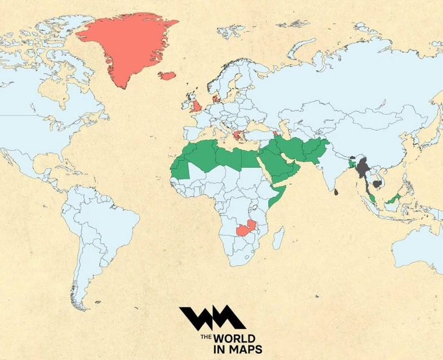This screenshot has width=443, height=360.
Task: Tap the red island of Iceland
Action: pos(167,76)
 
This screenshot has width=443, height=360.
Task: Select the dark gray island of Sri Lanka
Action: pos(336,192)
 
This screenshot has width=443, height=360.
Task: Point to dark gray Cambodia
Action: pos(377,183)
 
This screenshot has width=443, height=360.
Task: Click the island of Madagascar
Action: pos(277,238)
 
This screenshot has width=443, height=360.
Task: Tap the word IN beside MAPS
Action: pos(220,350)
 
